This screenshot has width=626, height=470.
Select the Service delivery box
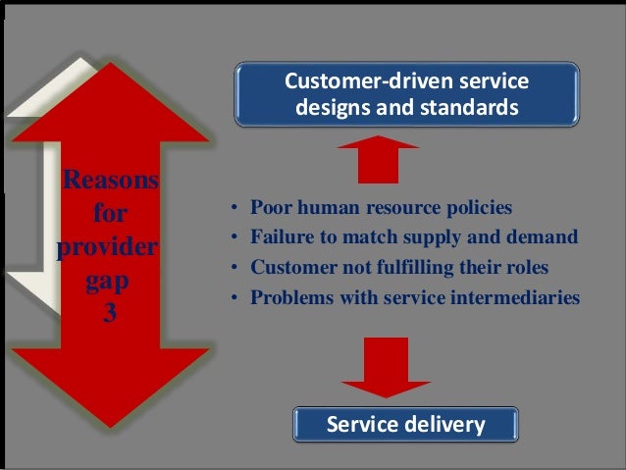(404, 425)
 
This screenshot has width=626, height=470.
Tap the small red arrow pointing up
(378, 160)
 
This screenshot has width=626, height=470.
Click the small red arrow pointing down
(378, 364)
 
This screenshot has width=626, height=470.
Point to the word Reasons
(110, 182)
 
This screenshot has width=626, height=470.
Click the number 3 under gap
(110, 318)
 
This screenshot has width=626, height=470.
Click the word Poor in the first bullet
(270, 208)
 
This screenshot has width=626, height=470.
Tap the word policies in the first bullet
(479, 208)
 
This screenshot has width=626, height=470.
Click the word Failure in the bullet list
(281, 237)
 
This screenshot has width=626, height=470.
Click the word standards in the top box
(469, 107)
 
